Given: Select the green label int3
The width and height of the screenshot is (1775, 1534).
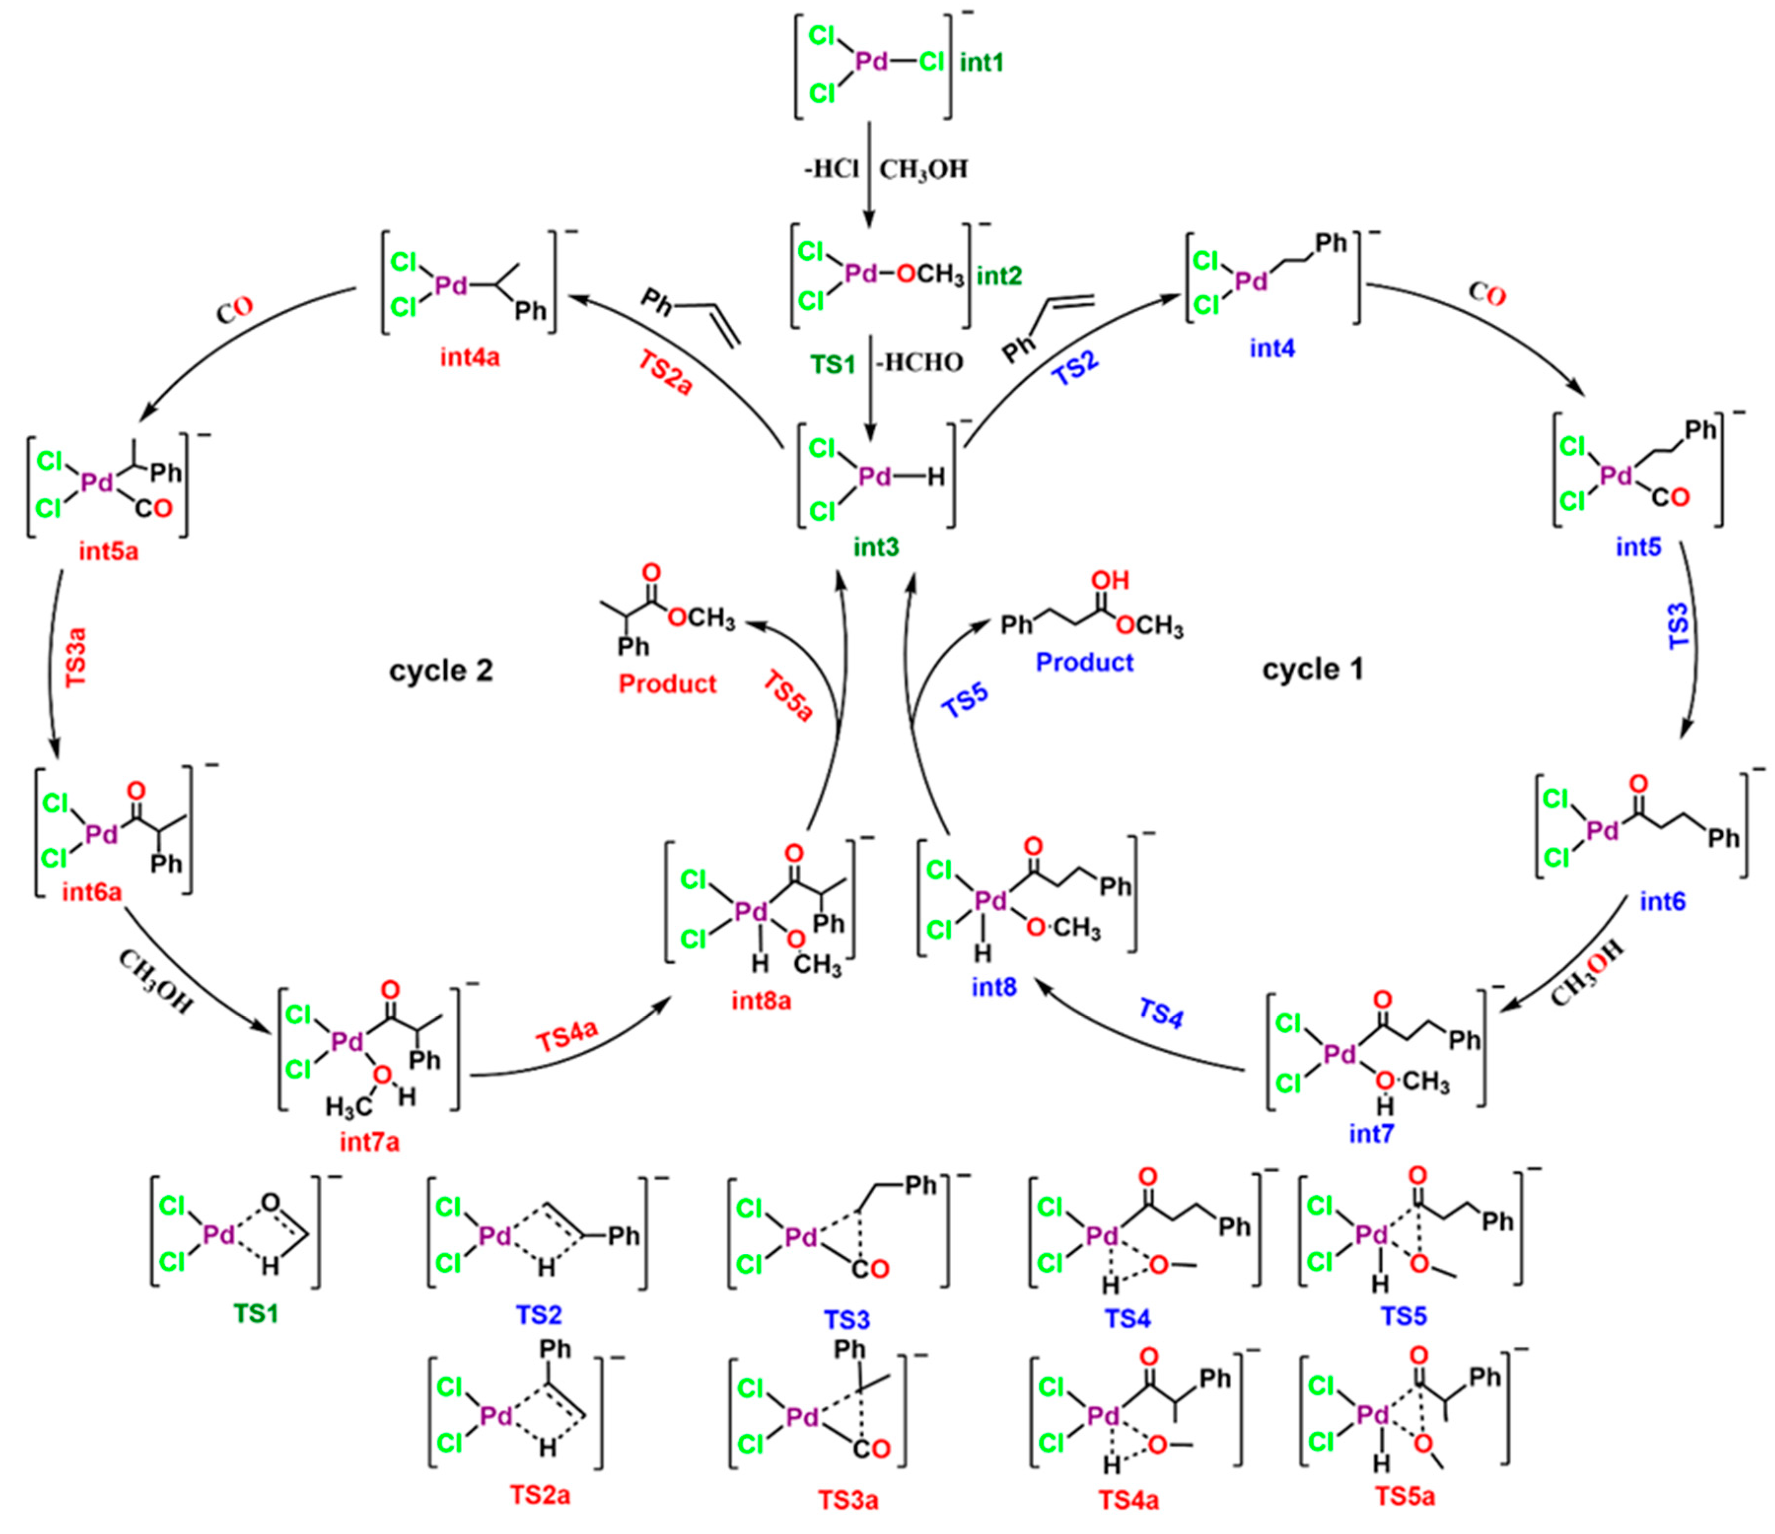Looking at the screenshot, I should tap(876, 547).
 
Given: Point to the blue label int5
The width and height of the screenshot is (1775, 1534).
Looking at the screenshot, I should tap(1638, 547).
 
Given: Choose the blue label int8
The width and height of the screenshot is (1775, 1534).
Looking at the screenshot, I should tap(994, 987).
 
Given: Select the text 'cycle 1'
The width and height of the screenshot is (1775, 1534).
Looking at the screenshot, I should tap(1313, 669).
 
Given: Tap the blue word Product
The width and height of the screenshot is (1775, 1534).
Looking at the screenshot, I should tap(1085, 662).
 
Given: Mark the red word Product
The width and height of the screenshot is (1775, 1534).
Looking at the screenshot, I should tap(667, 684).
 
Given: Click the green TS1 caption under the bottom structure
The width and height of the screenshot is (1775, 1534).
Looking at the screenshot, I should tap(255, 1313).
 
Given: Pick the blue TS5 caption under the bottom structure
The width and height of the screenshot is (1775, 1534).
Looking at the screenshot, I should tap(1403, 1316).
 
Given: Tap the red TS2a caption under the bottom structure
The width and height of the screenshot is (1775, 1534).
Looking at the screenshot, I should tap(540, 1496).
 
